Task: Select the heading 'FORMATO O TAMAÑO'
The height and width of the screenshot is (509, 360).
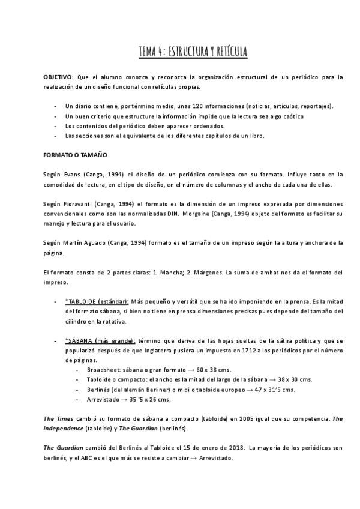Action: point(74,155)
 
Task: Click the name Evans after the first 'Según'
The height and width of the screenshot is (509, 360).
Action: point(68,175)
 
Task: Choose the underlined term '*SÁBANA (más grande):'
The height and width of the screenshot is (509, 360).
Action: point(100,340)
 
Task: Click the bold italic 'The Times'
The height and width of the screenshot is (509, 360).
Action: point(58,418)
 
